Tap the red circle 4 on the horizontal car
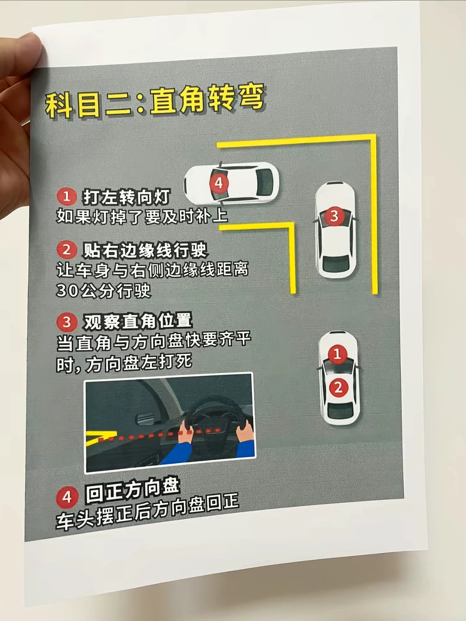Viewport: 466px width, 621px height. pos(219,183)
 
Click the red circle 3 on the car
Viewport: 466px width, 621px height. pos(334,216)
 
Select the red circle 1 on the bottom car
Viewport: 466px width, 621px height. pos(337,354)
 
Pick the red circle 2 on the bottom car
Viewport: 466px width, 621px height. pos(339,387)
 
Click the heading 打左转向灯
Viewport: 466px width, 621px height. pos(126,197)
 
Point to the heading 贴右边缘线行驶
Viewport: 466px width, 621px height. pos(145,250)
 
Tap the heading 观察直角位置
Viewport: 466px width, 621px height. pos(138,321)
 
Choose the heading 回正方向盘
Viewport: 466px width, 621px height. pos(133,492)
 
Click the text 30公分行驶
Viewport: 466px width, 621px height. pos(104,290)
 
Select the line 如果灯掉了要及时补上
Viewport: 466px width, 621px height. pos(142,217)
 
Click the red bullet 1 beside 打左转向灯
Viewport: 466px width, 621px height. pos(67,196)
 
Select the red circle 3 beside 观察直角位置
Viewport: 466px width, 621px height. pos(67,322)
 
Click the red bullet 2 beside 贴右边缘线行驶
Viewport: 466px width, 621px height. pos(66,250)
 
